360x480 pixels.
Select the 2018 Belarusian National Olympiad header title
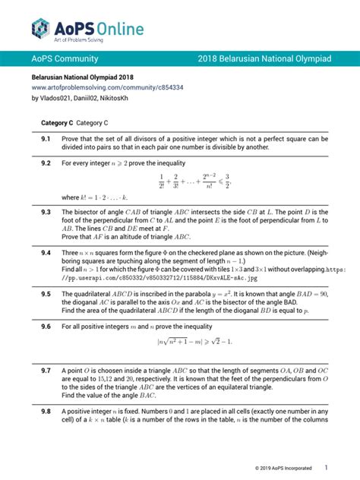(264, 58)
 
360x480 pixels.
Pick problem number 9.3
(46, 212)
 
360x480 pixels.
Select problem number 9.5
(46, 293)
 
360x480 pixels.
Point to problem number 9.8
(46, 411)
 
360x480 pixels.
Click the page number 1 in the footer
(326, 466)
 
